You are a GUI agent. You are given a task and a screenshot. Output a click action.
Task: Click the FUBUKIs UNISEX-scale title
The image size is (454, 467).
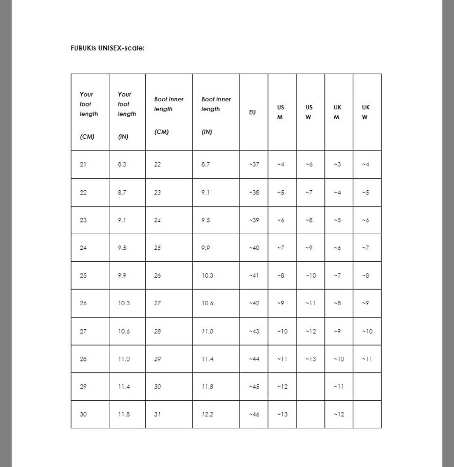[107, 48]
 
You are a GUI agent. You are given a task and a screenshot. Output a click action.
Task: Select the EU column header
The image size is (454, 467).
[253, 112]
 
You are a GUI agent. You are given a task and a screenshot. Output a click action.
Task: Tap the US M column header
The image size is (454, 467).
[280, 112]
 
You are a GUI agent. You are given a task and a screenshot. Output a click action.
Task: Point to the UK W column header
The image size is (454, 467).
[366, 112]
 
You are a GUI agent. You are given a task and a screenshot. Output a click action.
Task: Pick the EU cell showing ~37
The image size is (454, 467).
[254, 164]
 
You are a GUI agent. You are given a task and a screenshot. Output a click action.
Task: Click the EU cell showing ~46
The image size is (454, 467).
[254, 414]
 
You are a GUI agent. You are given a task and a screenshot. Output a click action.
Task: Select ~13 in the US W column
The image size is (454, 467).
[310, 359]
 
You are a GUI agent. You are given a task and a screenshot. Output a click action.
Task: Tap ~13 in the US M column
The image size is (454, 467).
[282, 414]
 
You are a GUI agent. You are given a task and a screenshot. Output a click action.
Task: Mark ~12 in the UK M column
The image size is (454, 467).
[339, 414]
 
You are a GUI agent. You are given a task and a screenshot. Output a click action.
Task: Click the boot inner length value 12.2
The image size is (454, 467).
[208, 414]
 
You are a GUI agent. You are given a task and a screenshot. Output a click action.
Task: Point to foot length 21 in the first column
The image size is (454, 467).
[83, 164]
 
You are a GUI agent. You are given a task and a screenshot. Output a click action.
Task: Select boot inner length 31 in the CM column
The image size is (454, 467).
[157, 414]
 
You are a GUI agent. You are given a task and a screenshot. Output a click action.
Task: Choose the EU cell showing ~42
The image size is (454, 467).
[254, 303]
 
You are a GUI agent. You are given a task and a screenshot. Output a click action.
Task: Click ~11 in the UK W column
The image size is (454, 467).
[367, 359]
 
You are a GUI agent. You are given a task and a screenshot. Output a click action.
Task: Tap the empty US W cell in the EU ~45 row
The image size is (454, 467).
[310, 387]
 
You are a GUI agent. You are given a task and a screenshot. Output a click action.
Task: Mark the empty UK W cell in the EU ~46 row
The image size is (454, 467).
[367, 414]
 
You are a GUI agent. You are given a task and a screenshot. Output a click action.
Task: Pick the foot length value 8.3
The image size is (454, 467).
[122, 164]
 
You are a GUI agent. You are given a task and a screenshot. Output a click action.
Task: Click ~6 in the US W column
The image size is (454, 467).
[309, 164]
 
